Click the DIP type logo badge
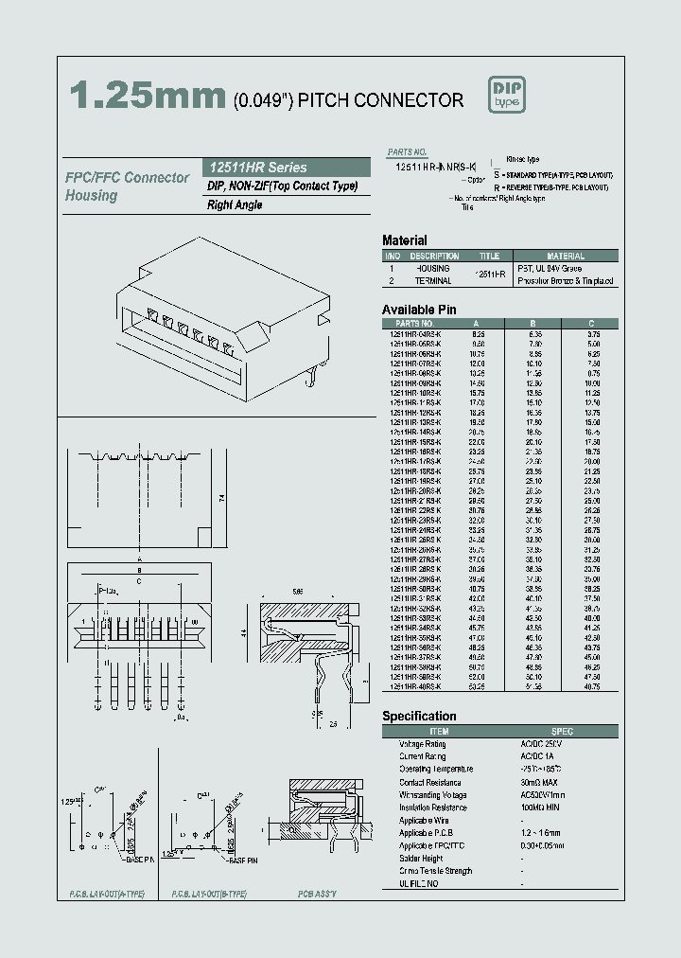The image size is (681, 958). [506, 94]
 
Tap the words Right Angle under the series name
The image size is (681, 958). [235, 205]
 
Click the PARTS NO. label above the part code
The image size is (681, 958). [408, 152]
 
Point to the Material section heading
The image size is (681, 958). [404, 240]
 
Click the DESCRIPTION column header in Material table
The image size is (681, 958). [435, 256]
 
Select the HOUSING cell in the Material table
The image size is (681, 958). [433, 269]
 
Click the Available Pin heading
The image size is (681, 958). [419, 310]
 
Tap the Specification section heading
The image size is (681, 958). [419, 717]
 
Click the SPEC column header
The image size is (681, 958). [562, 732]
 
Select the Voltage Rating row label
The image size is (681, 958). [423, 745]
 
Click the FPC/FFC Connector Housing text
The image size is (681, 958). [127, 186]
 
